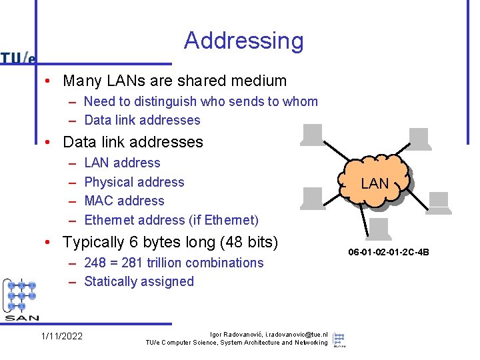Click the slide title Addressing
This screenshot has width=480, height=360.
tap(243, 41)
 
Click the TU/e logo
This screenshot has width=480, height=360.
tap(18, 58)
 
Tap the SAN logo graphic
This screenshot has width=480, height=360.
tap(21, 300)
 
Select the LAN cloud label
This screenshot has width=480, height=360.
tap(375, 183)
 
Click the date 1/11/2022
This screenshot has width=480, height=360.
tap(62, 336)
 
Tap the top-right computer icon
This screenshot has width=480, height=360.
tap(419, 138)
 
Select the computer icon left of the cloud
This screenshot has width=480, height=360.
tap(313, 198)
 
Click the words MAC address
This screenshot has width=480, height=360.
tap(124, 201)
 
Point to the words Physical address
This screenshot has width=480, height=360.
tap(134, 182)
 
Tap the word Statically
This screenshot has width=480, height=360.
tap(110, 281)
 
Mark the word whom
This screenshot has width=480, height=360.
tap(301, 101)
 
